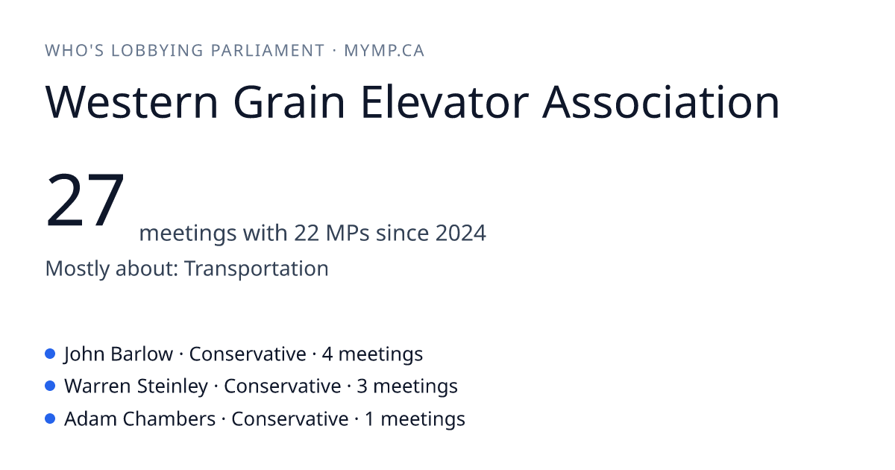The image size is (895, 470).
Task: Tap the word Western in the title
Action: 132,102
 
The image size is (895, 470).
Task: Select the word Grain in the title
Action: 289,102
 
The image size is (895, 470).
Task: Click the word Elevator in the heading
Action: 445,102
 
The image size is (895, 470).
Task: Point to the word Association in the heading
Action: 661,102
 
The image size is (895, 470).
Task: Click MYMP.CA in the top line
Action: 384,51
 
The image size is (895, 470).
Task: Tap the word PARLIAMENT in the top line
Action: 267,51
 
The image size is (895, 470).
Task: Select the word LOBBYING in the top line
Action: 157,51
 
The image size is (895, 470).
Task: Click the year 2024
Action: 461,233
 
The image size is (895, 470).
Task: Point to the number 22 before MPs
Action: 307,233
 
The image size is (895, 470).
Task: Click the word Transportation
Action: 256,268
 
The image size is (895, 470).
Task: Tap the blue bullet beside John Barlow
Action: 50,354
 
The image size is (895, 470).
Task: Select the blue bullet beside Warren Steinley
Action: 50,386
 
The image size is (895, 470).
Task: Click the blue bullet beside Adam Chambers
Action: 50,419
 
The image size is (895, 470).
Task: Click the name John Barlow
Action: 119,354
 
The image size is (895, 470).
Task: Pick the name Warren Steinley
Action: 136,386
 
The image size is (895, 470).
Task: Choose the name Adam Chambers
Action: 140,419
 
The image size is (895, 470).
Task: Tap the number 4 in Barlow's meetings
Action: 327,354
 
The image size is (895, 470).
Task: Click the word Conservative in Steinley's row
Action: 282,386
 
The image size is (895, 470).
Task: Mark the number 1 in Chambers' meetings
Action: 369,419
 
